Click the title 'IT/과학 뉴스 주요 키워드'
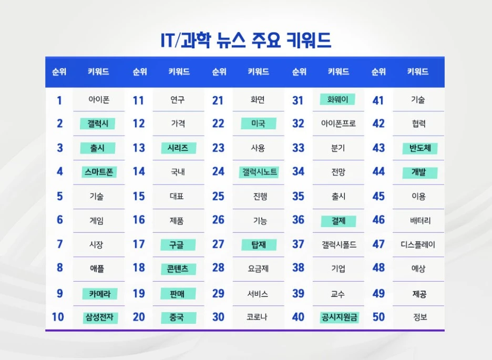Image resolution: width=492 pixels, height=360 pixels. click(246, 40)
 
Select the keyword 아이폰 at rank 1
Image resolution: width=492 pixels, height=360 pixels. click(99, 100)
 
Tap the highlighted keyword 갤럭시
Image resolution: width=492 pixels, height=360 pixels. click(98, 124)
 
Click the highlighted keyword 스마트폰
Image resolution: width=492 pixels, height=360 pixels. click(99, 172)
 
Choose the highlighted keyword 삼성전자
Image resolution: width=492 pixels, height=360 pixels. click(99, 317)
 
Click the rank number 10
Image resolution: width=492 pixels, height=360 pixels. click(58, 317)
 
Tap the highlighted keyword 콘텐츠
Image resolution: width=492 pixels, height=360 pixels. click(179, 269)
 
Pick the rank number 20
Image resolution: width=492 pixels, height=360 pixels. click(139, 317)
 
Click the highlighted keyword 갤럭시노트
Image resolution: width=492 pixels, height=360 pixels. click(260, 172)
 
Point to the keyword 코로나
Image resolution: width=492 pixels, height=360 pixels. click(258, 317)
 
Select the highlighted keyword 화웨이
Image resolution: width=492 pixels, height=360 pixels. click(337, 99)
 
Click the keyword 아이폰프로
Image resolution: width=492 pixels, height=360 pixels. click(339, 124)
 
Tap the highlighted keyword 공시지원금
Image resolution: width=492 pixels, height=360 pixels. click(339, 317)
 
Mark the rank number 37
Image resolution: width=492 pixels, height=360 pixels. click(299, 244)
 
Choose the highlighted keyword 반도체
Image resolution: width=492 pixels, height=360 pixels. click(420, 148)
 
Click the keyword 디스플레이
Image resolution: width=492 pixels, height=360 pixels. click(418, 244)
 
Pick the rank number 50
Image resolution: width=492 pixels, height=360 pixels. click(378, 317)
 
